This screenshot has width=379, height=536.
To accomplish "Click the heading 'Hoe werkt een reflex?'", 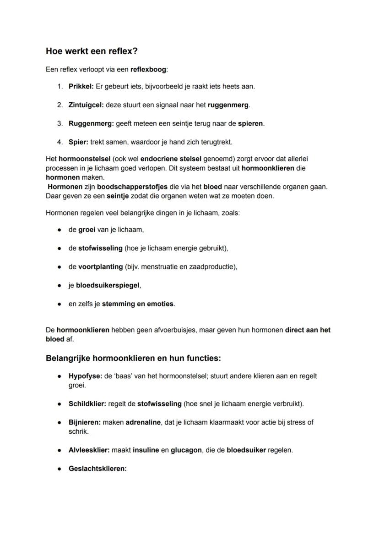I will (92, 51).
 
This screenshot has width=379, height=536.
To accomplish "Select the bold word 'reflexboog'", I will (148, 70).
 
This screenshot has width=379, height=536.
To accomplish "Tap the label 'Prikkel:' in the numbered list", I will (81, 86).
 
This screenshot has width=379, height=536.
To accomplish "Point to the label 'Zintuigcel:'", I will (86, 105).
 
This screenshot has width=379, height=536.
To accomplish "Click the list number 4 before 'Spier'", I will (60, 142).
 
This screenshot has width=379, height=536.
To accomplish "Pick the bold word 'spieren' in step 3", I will (250, 124).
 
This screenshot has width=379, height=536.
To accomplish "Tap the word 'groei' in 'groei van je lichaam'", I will (87, 230).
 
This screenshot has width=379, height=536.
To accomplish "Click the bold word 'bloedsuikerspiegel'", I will (108, 285).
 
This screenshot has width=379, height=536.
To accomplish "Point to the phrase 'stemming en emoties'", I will (138, 304).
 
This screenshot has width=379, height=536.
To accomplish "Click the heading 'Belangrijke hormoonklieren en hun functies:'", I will (133, 358).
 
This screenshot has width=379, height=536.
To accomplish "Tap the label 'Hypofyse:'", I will (85, 376).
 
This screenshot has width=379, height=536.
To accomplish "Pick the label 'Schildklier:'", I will (87, 404).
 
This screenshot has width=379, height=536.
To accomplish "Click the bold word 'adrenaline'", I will (143, 422).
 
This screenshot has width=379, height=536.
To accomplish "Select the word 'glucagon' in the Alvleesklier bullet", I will (186, 450).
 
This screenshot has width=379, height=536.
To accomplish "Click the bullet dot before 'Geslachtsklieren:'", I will (60, 469).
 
